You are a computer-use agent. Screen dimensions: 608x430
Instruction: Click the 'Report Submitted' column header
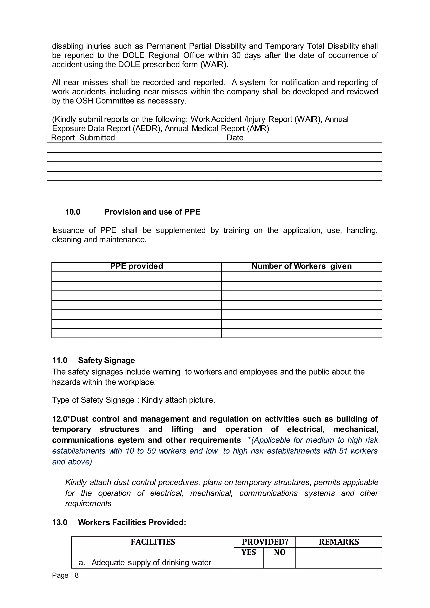[x=83, y=138]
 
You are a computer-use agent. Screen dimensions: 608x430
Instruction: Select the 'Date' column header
[x=235, y=138]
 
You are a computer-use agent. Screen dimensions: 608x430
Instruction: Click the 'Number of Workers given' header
[x=301, y=266]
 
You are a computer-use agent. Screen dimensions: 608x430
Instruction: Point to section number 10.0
[x=73, y=212]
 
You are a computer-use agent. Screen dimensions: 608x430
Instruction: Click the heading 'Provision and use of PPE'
[x=152, y=212]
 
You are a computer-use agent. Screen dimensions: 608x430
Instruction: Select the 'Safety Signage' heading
[x=106, y=360]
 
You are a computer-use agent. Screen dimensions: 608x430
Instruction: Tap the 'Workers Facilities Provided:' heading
[x=132, y=523]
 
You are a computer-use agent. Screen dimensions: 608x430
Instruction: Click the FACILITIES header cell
[x=153, y=542]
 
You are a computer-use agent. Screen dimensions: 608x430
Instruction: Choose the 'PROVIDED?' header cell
[x=265, y=542]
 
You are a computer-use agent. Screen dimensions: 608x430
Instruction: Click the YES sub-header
[x=248, y=552]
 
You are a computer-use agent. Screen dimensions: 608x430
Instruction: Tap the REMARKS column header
[x=339, y=542]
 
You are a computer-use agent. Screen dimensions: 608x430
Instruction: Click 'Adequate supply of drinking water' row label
[x=151, y=562]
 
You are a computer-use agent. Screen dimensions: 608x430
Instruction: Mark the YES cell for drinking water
[x=248, y=563]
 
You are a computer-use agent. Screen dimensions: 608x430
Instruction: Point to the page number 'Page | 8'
[x=65, y=575]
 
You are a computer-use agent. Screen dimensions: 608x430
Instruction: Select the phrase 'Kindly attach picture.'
[x=178, y=400]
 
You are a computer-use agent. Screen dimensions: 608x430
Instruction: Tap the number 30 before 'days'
[x=236, y=55]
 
